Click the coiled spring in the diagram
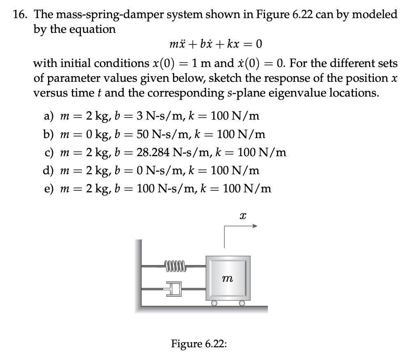point(175,265)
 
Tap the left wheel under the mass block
point(214,304)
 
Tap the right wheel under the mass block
point(242,304)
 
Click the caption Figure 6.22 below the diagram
point(199,343)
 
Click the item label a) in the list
point(48,116)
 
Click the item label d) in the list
point(48,170)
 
